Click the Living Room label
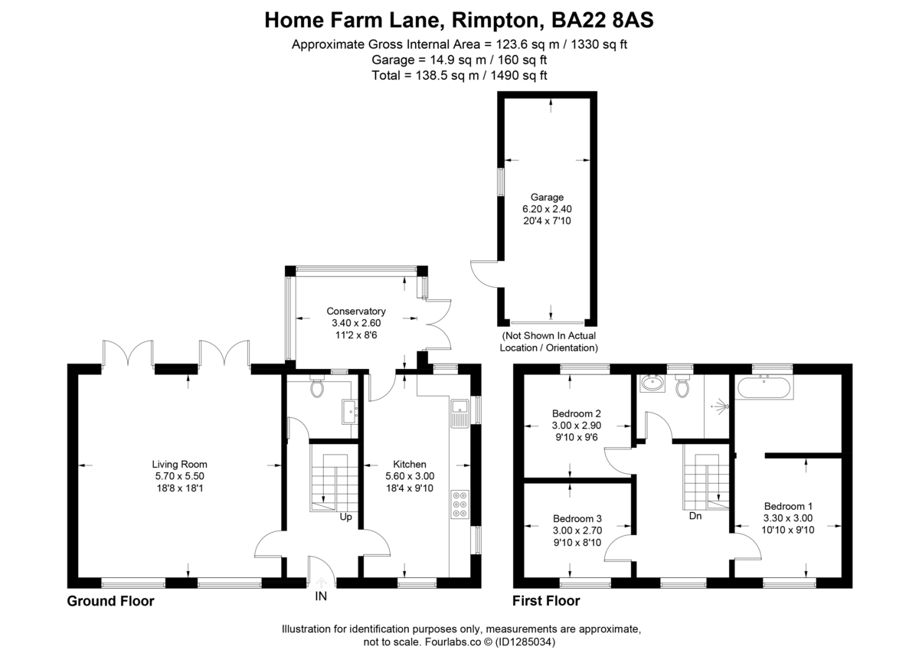point(179,464)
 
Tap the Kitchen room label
point(410,464)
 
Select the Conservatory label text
point(356,312)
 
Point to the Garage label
point(547,197)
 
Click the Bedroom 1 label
point(789,506)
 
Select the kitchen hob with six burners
point(461,504)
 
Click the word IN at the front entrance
point(320,596)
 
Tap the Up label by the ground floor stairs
point(345,517)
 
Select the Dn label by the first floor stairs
point(695,516)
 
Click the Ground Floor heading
point(110,601)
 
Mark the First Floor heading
point(545,601)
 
